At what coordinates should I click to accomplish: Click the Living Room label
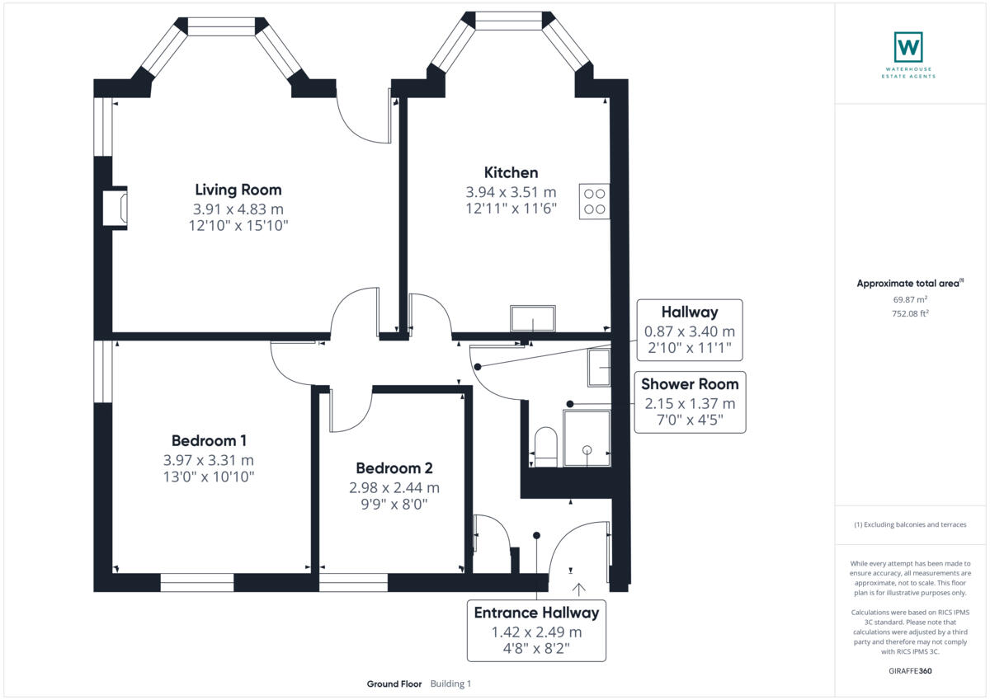click(238, 190)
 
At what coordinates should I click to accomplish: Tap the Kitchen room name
click(511, 172)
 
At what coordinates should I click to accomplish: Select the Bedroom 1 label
click(209, 441)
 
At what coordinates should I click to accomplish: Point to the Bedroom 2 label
click(394, 468)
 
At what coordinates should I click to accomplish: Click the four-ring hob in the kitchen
click(595, 201)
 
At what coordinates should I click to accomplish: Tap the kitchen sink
click(533, 318)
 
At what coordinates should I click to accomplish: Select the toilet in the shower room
click(546, 446)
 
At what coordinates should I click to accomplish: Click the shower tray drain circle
click(587, 450)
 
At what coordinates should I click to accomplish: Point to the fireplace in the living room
click(115, 208)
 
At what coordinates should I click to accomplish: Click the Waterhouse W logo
click(908, 47)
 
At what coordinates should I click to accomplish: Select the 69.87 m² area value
click(910, 299)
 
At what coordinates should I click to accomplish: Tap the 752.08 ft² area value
click(910, 313)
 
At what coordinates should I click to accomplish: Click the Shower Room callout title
click(690, 384)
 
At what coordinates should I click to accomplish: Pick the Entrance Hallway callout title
click(536, 613)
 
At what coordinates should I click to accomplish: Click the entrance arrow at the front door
click(579, 590)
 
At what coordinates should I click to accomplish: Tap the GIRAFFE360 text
click(910, 671)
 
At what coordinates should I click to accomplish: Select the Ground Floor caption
click(394, 684)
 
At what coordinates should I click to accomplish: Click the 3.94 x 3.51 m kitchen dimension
click(511, 192)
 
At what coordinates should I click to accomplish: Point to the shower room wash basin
click(599, 368)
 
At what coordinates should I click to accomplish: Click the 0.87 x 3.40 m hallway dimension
click(690, 331)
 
